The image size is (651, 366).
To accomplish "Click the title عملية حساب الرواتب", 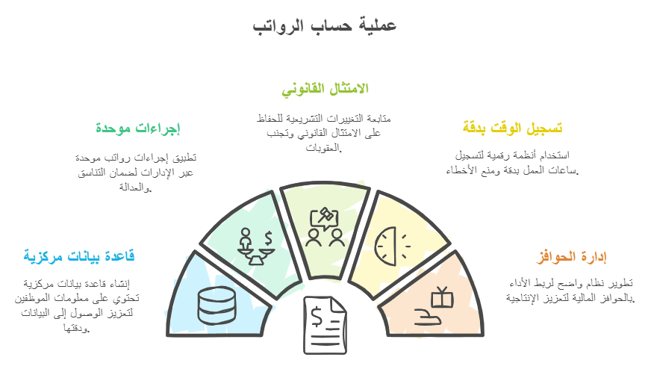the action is (x=325, y=25).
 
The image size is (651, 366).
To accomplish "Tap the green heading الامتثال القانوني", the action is (x=325, y=89).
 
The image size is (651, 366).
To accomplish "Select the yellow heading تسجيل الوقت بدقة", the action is (x=512, y=128).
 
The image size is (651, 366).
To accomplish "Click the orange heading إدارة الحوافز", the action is (x=572, y=257).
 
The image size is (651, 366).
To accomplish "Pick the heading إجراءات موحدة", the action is (x=138, y=128).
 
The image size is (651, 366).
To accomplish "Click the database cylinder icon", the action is (x=217, y=306).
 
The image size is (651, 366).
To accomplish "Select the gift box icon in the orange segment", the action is (x=442, y=297).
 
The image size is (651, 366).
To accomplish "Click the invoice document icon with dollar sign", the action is (x=325, y=325).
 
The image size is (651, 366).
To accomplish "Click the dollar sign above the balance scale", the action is (x=269, y=238).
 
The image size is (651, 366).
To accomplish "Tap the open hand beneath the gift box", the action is (x=428, y=317).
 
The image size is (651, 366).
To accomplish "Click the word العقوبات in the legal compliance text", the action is (x=324, y=148).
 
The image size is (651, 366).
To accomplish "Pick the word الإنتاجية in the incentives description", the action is (x=523, y=298).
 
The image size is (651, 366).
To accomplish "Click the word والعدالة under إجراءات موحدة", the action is (x=135, y=187).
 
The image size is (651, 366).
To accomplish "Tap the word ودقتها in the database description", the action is (x=77, y=328).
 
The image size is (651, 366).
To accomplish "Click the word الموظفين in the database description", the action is (x=32, y=298).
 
